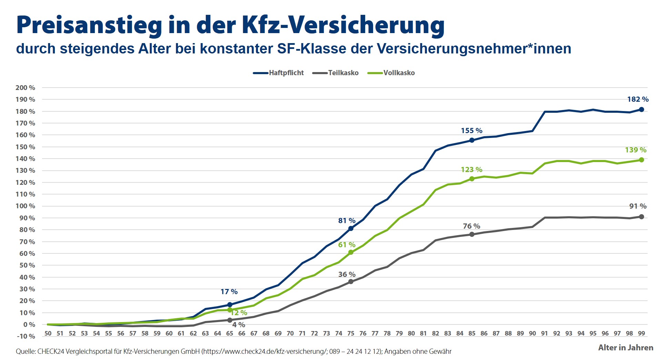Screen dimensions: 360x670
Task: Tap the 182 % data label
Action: pyautogui.click(x=638, y=99)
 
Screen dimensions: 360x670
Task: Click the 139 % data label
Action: pyautogui.click(x=636, y=150)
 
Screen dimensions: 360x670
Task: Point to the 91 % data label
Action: pyautogui.click(x=638, y=206)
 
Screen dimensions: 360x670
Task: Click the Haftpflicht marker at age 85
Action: pyautogui.click(x=472, y=140)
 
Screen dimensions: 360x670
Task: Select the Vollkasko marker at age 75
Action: pyautogui.click(x=351, y=252)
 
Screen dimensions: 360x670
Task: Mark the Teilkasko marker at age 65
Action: pyautogui.click(x=230, y=320)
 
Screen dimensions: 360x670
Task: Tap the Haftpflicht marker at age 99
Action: pyautogui.click(x=641, y=110)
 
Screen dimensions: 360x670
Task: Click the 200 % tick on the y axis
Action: pyautogui.click(x=25, y=88)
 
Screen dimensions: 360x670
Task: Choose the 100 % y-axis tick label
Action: pyautogui.click(x=25, y=206)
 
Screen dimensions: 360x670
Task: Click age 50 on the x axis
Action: pyautogui.click(x=48, y=333)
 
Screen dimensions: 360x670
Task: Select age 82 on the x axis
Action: pyautogui.click(x=436, y=333)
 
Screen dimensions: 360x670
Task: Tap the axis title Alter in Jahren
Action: pyautogui.click(x=626, y=348)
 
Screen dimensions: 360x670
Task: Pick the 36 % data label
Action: pyautogui.click(x=347, y=274)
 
